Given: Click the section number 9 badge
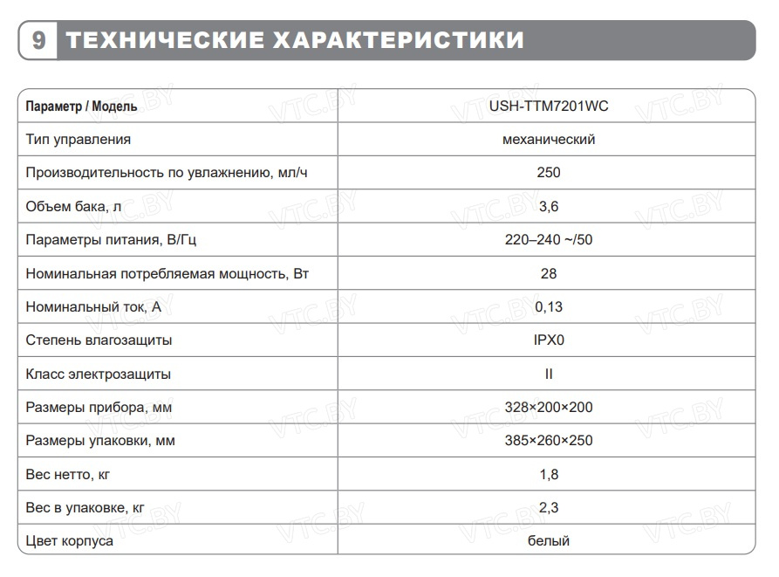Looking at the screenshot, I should [x=38, y=40].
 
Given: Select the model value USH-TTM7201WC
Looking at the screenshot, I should [x=548, y=106].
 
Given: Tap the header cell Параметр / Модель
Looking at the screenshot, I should [x=81, y=106].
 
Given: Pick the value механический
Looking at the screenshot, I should [x=549, y=140].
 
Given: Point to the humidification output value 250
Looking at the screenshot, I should [x=549, y=173].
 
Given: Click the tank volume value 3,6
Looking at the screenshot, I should [x=549, y=207].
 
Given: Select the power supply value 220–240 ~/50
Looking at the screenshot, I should [x=549, y=240].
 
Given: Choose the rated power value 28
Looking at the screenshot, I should [x=549, y=273].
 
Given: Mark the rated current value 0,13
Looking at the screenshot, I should [x=549, y=306].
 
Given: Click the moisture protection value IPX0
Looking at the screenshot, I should [x=549, y=340].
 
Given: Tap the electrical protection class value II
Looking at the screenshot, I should [x=549, y=374].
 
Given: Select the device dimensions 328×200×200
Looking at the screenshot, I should [x=549, y=407].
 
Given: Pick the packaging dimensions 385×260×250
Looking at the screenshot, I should [x=549, y=441].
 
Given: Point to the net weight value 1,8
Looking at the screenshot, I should [x=549, y=474].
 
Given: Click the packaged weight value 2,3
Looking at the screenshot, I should [x=549, y=507].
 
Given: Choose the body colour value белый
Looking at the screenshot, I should [x=549, y=541].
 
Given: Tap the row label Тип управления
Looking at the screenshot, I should [x=79, y=140].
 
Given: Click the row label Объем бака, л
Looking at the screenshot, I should [x=73, y=207].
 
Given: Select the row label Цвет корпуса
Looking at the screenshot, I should [x=70, y=541].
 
